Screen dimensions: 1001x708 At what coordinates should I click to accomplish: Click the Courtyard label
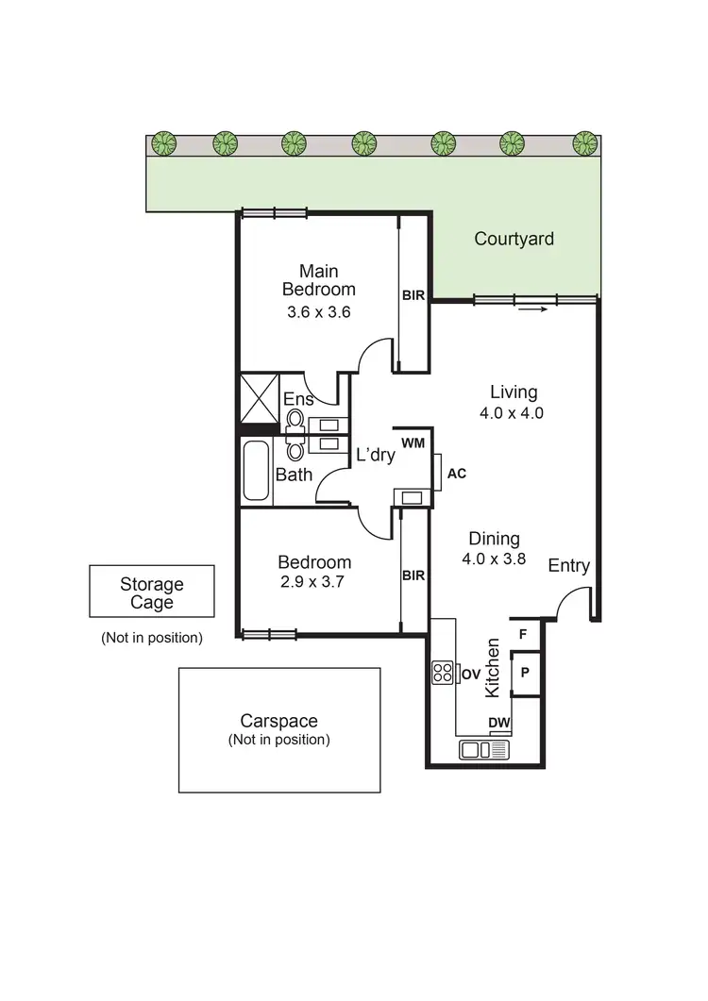coord(514,239)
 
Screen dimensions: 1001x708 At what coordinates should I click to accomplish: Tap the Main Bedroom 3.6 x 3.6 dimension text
coord(319,312)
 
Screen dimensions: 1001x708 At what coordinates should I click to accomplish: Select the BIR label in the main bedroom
coord(413,295)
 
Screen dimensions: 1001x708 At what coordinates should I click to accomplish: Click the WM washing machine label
coord(413,442)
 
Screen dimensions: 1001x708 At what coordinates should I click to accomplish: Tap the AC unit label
coord(456,474)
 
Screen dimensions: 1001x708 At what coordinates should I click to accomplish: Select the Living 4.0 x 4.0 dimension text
coord(513,412)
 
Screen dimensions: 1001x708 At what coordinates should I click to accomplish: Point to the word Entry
coord(569,565)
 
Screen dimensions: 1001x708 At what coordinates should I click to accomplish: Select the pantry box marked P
coord(524,674)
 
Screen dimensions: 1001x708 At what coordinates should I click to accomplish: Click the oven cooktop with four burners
coord(443,673)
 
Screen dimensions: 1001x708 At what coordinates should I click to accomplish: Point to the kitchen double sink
coord(483,750)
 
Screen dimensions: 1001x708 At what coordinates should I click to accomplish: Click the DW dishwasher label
coord(498,724)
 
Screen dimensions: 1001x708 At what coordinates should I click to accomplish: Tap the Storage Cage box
coord(151,593)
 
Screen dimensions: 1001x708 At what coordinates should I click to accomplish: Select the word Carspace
coord(278,721)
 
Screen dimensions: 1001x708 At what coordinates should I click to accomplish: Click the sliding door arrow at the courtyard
coord(532,309)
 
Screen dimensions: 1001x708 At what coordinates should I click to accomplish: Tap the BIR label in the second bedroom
coord(413,575)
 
